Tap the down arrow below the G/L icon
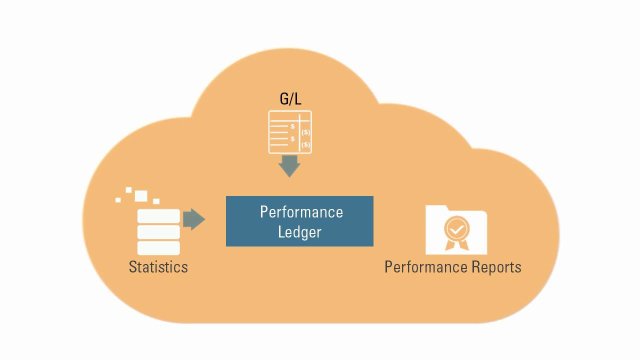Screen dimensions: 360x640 coord(289,166)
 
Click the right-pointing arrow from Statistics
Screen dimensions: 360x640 coord(194,218)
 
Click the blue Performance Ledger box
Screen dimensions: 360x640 coord(299,221)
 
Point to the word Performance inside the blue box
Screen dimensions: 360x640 coord(301,212)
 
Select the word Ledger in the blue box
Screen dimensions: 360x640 coord(301,232)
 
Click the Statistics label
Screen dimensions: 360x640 coord(158,267)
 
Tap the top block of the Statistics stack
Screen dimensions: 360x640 coord(158,217)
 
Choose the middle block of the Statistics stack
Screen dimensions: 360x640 coord(158,232)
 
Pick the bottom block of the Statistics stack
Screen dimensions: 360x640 coord(158,247)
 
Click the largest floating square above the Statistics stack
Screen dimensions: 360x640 coord(141,195)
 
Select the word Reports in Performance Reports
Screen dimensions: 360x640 coord(495,268)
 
